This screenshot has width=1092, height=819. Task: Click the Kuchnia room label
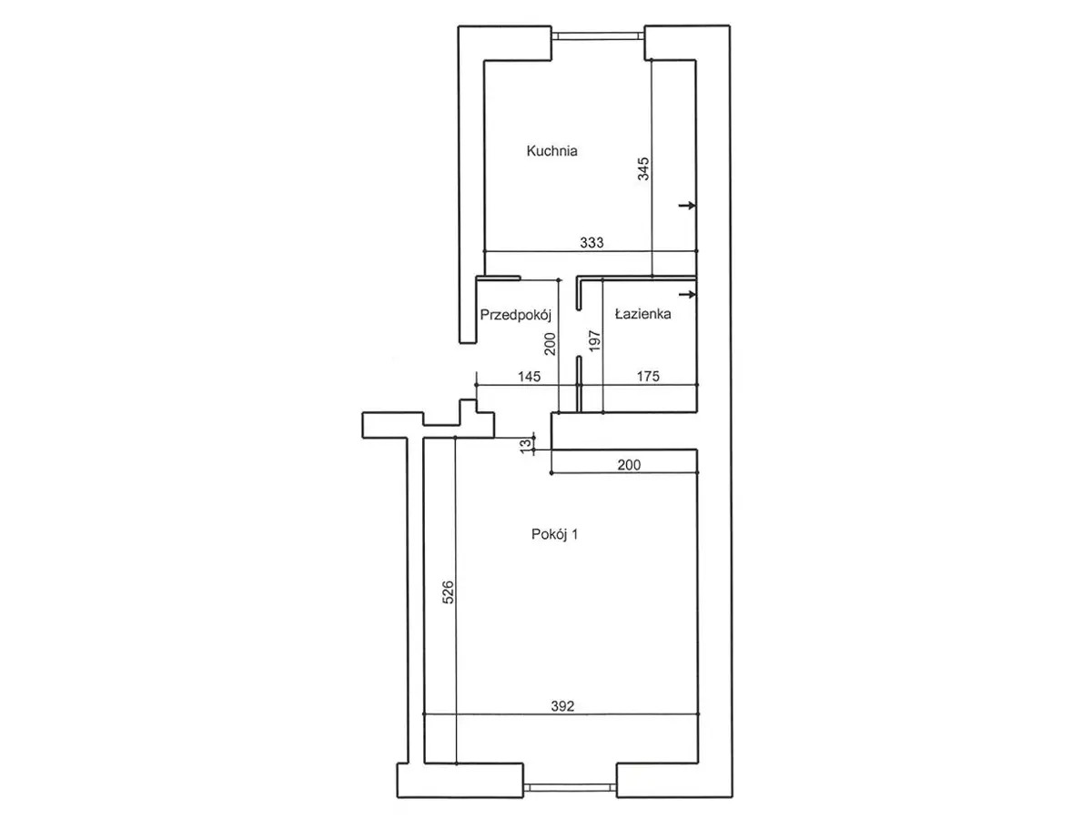tap(551, 151)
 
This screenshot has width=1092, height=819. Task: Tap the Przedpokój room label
tap(515, 315)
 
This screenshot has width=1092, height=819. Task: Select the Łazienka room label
tap(642, 314)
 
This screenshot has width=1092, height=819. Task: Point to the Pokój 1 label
tap(554, 534)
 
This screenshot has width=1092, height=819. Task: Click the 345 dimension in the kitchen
tap(643, 168)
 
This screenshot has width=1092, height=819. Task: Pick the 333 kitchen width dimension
tap(591, 242)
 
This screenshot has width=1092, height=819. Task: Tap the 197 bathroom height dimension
tap(595, 340)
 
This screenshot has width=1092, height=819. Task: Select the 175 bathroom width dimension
tap(648, 377)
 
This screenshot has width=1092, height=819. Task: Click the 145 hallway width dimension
tap(529, 377)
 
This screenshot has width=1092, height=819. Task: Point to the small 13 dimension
tap(526, 446)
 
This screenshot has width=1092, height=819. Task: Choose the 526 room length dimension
tap(449, 591)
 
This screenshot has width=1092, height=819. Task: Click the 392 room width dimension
tap(562, 705)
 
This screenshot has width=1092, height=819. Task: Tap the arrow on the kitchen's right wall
tap(687, 205)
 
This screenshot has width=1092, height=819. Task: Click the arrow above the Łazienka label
tap(687, 294)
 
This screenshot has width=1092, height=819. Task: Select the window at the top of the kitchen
tap(598, 35)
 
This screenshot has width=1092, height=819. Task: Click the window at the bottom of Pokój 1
tap(570, 786)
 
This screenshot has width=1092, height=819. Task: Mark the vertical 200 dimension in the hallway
tap(550, 344)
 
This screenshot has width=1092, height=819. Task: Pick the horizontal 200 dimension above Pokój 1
tap(629, 464)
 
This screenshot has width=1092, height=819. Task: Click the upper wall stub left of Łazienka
tap(579, 293)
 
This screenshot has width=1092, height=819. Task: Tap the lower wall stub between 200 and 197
tap(579, 384)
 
